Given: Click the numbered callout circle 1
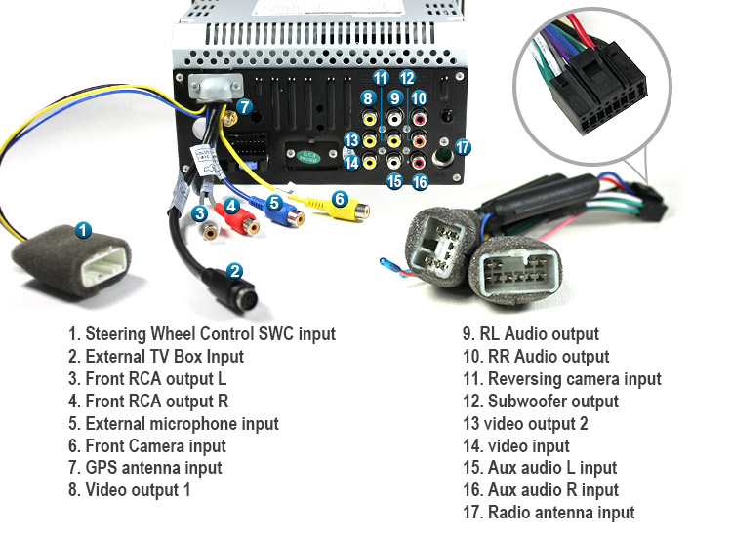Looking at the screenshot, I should coord(84,231).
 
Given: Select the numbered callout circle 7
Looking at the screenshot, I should coord(245,106).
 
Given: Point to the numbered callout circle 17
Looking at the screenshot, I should coord(463,147).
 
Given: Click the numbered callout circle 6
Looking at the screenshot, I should coord(340,199).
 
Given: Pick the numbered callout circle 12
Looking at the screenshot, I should coord(407,77).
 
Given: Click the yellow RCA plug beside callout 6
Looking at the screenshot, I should coord(351,210).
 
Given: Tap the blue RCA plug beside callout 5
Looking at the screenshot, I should coord(293,216).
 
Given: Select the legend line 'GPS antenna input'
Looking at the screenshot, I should coord(153,468).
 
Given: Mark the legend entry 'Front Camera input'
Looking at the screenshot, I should coord(155,445).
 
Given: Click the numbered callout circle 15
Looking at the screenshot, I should coord(394,180).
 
